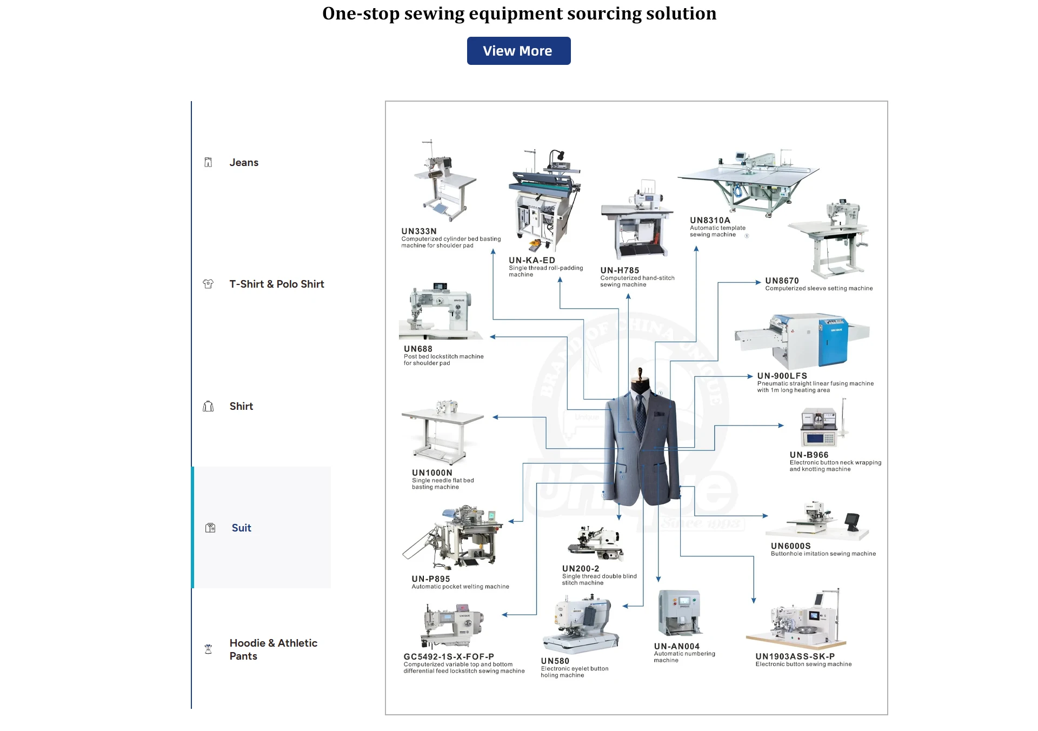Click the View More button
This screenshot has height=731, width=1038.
coord(518,51)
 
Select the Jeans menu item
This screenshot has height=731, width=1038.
coord(244,163)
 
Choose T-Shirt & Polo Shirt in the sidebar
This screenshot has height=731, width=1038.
coord(276,284)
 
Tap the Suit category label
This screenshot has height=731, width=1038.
coord(241,528)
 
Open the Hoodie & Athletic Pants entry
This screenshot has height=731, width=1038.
coord(273,649)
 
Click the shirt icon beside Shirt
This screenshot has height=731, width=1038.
coord(208,407)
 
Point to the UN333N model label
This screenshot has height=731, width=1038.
coord(419,231)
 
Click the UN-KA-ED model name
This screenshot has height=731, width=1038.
coord(531,261)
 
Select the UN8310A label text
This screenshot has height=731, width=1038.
coord(710,221)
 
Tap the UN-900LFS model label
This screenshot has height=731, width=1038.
coord(782,376)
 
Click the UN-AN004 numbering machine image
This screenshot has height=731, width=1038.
coord(680,613)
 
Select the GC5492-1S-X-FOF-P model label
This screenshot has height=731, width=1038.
coord(449,657)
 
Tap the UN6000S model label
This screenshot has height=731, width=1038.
coord(790,547)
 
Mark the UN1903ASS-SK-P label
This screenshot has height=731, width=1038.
coord(795,657)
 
